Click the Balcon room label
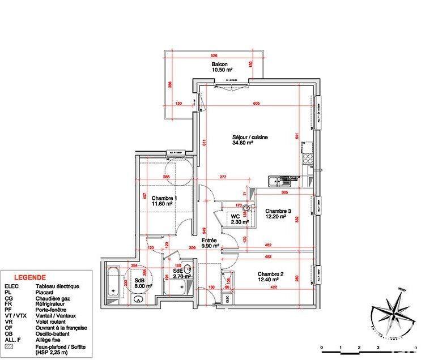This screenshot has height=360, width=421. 220,65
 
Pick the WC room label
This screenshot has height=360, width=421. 235,216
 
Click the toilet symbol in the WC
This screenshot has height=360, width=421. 245,209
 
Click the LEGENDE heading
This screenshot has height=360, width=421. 30,278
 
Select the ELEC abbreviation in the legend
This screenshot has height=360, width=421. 12,287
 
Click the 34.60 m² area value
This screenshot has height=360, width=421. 242,143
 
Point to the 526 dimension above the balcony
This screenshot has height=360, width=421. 214,55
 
